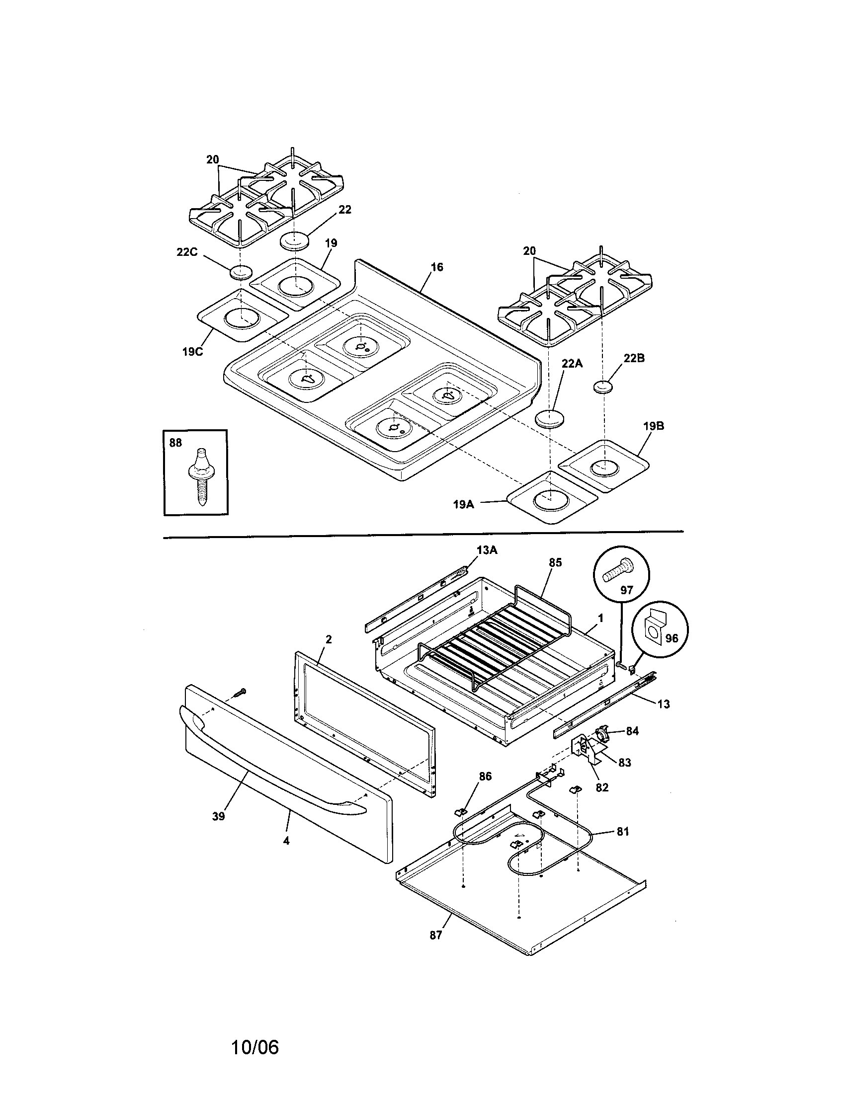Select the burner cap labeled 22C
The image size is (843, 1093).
click(241, 273)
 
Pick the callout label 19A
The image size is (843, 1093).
click(463, 504)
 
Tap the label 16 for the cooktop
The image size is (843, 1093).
click(436, 267)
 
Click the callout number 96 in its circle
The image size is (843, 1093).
click(672, 638)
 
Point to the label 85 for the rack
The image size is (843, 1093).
click(555, 562)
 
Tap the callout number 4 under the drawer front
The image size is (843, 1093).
click(286, 841)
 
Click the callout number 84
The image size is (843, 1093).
click(632, 731)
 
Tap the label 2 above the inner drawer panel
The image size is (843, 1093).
click(329, 639)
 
